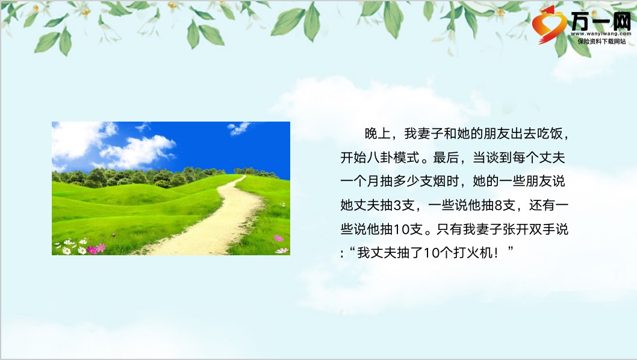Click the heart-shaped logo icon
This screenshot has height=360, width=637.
point(549,25)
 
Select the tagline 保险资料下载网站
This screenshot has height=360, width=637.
point(601,41)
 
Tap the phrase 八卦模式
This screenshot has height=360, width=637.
point(393,157)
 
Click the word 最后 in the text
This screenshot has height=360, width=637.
point(446,157)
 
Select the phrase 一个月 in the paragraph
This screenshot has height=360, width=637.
point(360,181)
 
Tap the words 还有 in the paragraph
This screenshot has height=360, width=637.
point(542,205)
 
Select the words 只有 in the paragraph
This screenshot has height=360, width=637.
point(449,229)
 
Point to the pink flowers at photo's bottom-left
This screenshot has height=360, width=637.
point(96,248)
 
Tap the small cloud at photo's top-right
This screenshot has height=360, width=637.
point(239,128)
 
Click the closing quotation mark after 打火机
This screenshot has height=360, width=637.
point(510,249)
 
